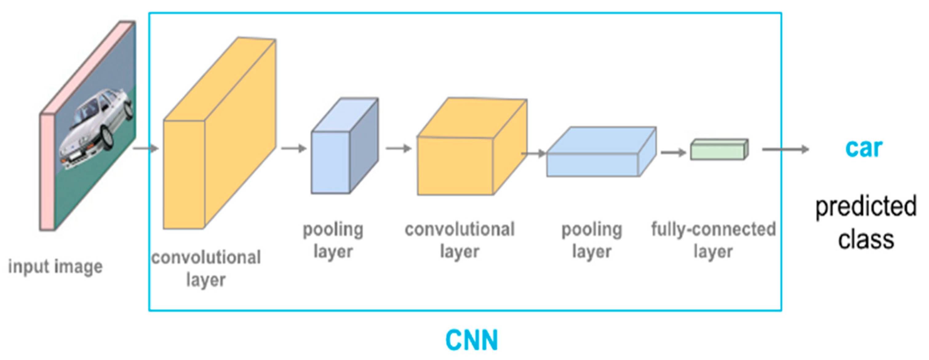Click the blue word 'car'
pyautogui.click(x=864, y=148)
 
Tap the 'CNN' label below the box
pyautogui.click(x=472, y=340)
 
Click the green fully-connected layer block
pyautogui.click(x=719, y=150)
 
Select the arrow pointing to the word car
pyautogui.click(x=785, y=149)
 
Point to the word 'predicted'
pyautogui.click(x=866, y=206)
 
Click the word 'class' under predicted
pyautogui.click(x=866, y=239)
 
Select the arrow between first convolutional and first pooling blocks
pyautogui.click(x=293, y=148)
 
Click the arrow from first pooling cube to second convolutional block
pyautogui.click(x=398, y=148)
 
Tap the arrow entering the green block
pyautogui.click(x=673, y=152)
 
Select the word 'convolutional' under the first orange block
pyautogui.click(x=206, y=258)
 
